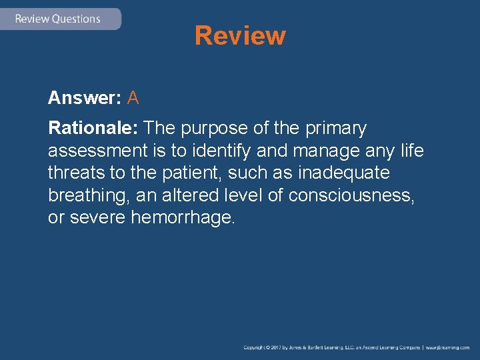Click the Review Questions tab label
coord(57,19)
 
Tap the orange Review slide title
coord(240,35)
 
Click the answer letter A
coord(133,99)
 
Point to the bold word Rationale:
coord(93,127)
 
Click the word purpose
coord(217,127)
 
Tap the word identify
coord(217,151)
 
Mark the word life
coord(412,151)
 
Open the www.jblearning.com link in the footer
coord(448,348)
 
